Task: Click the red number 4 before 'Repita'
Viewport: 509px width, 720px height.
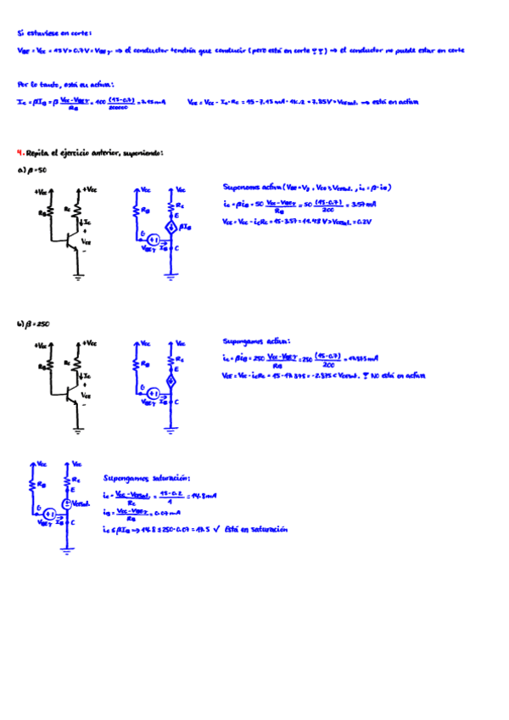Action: pos(20,154)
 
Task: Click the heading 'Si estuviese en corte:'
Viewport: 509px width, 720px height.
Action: pos(53,33)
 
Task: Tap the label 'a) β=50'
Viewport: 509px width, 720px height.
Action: pos(32,171)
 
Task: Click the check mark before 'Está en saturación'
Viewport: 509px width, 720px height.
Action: pos(218,528)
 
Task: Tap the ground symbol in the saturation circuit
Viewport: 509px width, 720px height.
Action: pos(67,551)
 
